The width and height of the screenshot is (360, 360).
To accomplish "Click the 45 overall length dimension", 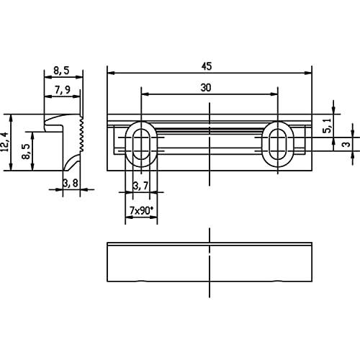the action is coord(207,66).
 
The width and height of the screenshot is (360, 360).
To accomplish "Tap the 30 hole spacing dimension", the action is coord(206,88).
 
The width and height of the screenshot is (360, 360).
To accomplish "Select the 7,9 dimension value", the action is coord(63,90).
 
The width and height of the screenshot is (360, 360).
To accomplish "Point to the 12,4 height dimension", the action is coord(5,142).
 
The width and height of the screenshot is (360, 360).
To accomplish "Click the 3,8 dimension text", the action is coord(71,184).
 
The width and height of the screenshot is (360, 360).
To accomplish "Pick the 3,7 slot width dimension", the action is coord(141,186).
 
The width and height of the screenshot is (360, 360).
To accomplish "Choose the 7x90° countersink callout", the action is coord(141,211).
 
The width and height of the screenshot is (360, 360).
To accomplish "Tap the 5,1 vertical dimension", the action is coord(328,125).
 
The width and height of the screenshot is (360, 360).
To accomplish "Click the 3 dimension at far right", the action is coord(346,145).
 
